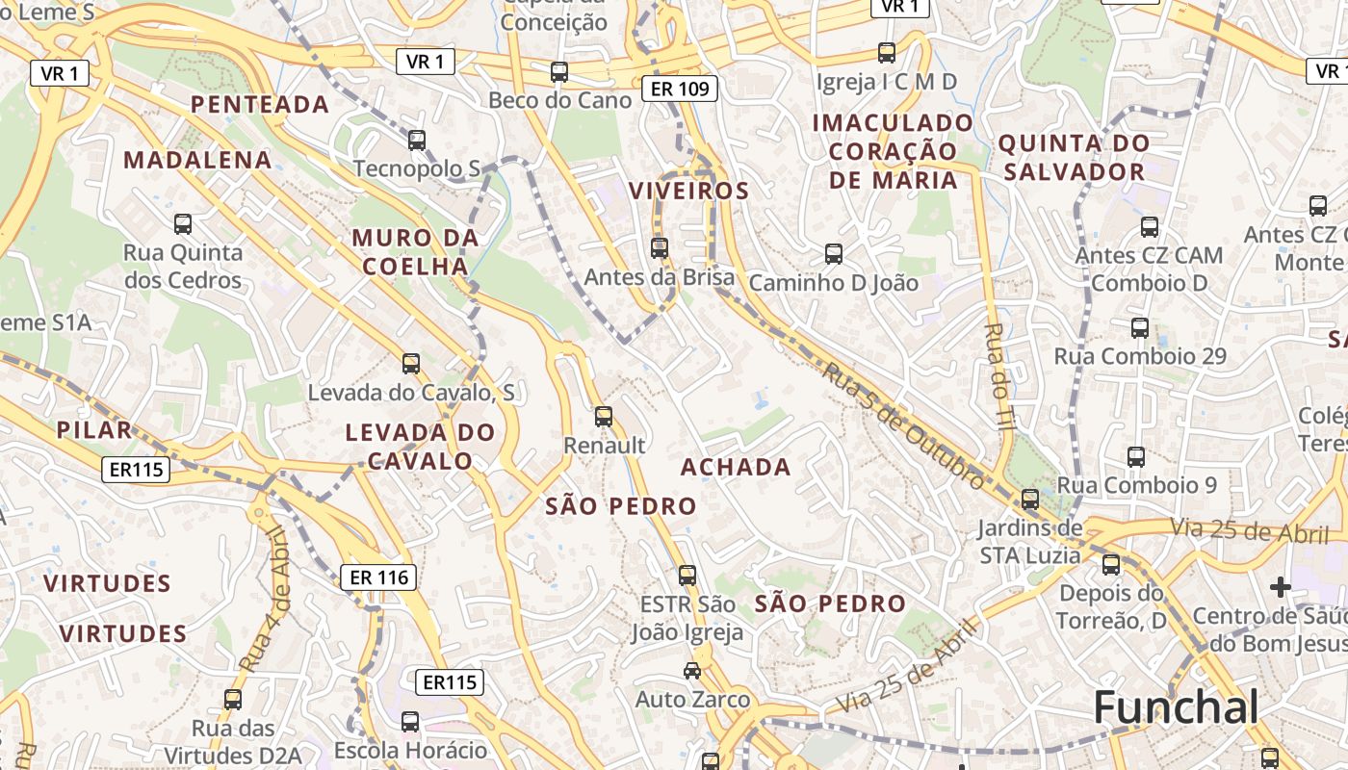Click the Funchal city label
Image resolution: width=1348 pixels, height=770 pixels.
click(x=1176, y=707)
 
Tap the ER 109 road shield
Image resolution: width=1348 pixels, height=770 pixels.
click(x=680, y=90)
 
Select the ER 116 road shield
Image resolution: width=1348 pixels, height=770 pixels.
click(x=380, y=577)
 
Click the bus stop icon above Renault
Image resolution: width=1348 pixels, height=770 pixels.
click(x=604, y=417)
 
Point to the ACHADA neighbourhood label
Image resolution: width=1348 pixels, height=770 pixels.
click(x=736, y=468)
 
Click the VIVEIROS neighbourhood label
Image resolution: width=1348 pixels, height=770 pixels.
click(x=688, y=191)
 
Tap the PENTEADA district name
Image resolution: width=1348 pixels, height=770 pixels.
click(x=260, y=104)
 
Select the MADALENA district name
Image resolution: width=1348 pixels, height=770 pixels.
click(x=197, y=160)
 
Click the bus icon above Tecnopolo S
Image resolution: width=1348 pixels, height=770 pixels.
click(x=417, y=141)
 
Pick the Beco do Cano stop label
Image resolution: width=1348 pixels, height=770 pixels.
click(x=559, y=100)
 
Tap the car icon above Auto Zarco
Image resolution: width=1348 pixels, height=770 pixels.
click(x=692, y=670)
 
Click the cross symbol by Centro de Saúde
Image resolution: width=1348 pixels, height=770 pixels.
click(x=1280, y=586)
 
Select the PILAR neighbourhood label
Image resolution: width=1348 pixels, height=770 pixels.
click(x=93, y=429)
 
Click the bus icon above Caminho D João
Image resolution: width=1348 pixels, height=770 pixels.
click(x=834, y=254)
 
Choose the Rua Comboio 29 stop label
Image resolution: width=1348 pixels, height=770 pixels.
click(x=1140, y=356)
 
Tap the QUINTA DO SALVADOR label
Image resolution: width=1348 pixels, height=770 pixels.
click(x=1074, y=158)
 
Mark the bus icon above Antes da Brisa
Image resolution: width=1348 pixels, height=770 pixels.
click(x=660, y=248)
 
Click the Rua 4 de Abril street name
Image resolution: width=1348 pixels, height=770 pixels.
click(x=265, y=599)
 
